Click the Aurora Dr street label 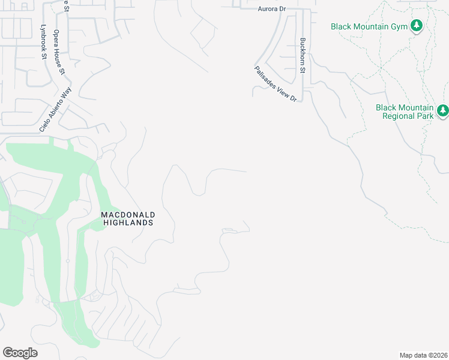point(272,9)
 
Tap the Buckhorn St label point(303,56)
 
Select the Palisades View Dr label point(276,83)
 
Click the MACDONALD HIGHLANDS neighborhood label point(128,218)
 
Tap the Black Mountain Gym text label point(369,26)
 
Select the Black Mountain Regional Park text point(404,112)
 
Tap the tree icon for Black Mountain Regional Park point(442,110)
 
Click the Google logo point(20,353)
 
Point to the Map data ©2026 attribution point(423,355)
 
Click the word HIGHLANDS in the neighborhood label point(128,222)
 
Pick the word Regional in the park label point(399,116)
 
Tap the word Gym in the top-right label point(398,26)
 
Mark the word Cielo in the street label point(44,124)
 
